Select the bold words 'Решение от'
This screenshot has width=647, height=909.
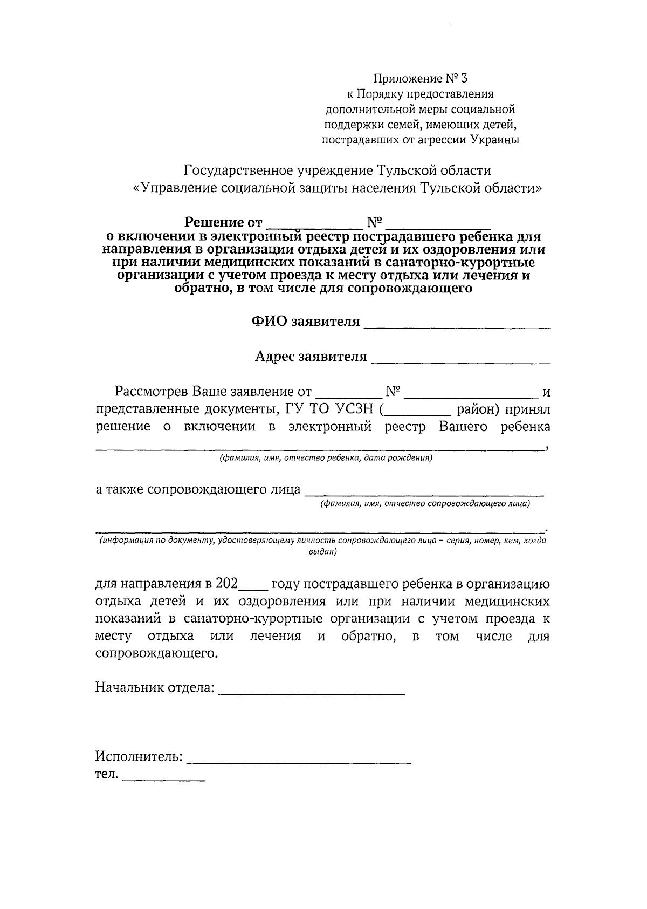click(x=223, y=222)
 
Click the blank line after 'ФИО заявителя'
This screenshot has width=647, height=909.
click(x=458, y=324)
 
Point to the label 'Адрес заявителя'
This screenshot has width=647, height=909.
click(x=311, y=357)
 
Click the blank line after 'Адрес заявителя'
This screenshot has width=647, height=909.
click(x=462, y=359)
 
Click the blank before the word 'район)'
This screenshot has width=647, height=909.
click(x=419, y=412)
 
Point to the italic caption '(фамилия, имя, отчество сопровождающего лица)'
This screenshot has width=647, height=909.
click(x=425, y=504)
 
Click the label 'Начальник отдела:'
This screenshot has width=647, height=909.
click(x=155, y=688)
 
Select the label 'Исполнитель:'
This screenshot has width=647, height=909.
click(x=139, y=757)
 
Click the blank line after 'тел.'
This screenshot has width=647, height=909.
click(x=164, y=777)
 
